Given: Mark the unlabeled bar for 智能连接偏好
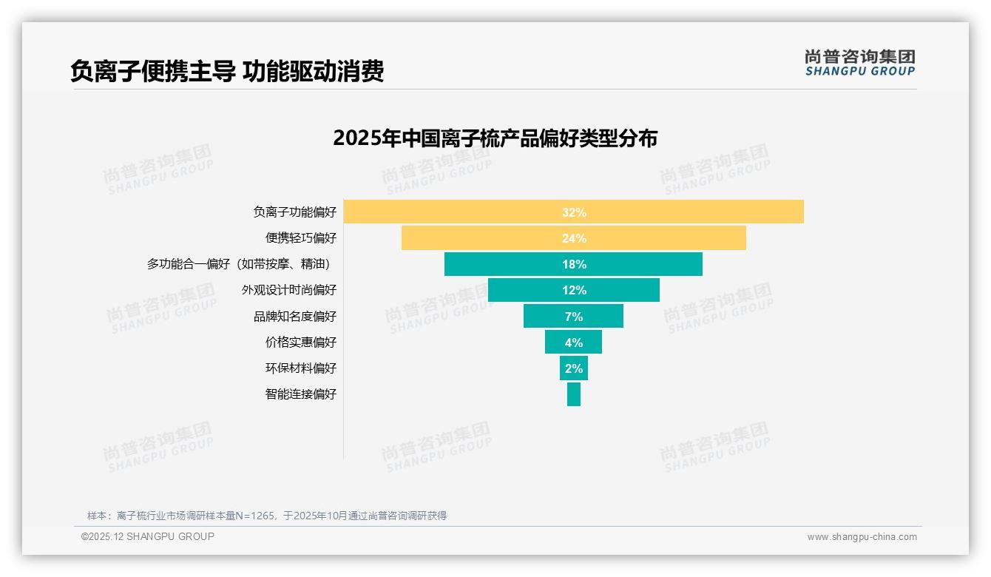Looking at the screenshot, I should (574, 394).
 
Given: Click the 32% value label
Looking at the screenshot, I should (574, 212).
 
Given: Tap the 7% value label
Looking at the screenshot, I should (574, 317).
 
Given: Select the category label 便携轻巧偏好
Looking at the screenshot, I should (301, 238).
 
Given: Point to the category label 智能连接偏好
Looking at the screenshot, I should (301, 394).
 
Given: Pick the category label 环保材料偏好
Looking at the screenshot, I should (301, 368).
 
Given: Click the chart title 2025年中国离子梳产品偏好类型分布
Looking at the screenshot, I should (495, 138).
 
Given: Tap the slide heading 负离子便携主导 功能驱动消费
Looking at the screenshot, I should (227, 72).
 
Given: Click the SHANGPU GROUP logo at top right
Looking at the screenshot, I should (859, 63).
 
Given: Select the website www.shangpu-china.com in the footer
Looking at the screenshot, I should (862, 537).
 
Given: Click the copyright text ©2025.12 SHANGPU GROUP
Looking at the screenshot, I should (148, 537).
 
